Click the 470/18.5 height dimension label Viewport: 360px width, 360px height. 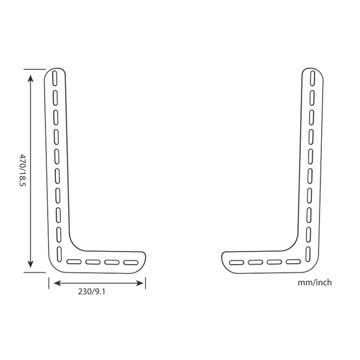(x=23, y=170)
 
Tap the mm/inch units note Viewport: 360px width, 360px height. (x=315, y=282)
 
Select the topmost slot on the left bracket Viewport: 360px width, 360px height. (x=54, y=78)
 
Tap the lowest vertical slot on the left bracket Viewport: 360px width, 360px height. (x=58, y=252)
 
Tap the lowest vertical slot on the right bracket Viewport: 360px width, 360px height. (x=310, y=252)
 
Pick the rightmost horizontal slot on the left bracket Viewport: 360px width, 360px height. (x=131, y=261)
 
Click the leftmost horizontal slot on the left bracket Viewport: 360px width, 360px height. (x=73, y=261)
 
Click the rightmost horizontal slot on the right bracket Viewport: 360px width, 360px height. (x=294, y=261)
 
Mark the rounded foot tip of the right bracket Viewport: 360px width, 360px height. (x=224, y=261)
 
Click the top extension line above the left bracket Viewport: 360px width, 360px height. (x=34, y=69)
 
